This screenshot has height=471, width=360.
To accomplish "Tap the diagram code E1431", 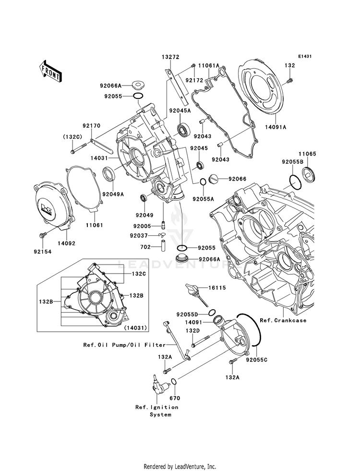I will pyautogui.click(x=305, y=57).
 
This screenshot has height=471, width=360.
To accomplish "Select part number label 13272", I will pyautogui.click(x=170, y=57).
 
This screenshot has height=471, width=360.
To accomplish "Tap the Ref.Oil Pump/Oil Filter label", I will pyautogui.click(x=124, y=345).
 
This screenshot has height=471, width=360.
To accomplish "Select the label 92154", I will pyautogui.click(x=43, y=251).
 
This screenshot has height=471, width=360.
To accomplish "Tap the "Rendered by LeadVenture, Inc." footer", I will pyautogui.click(x=180, y=466).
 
